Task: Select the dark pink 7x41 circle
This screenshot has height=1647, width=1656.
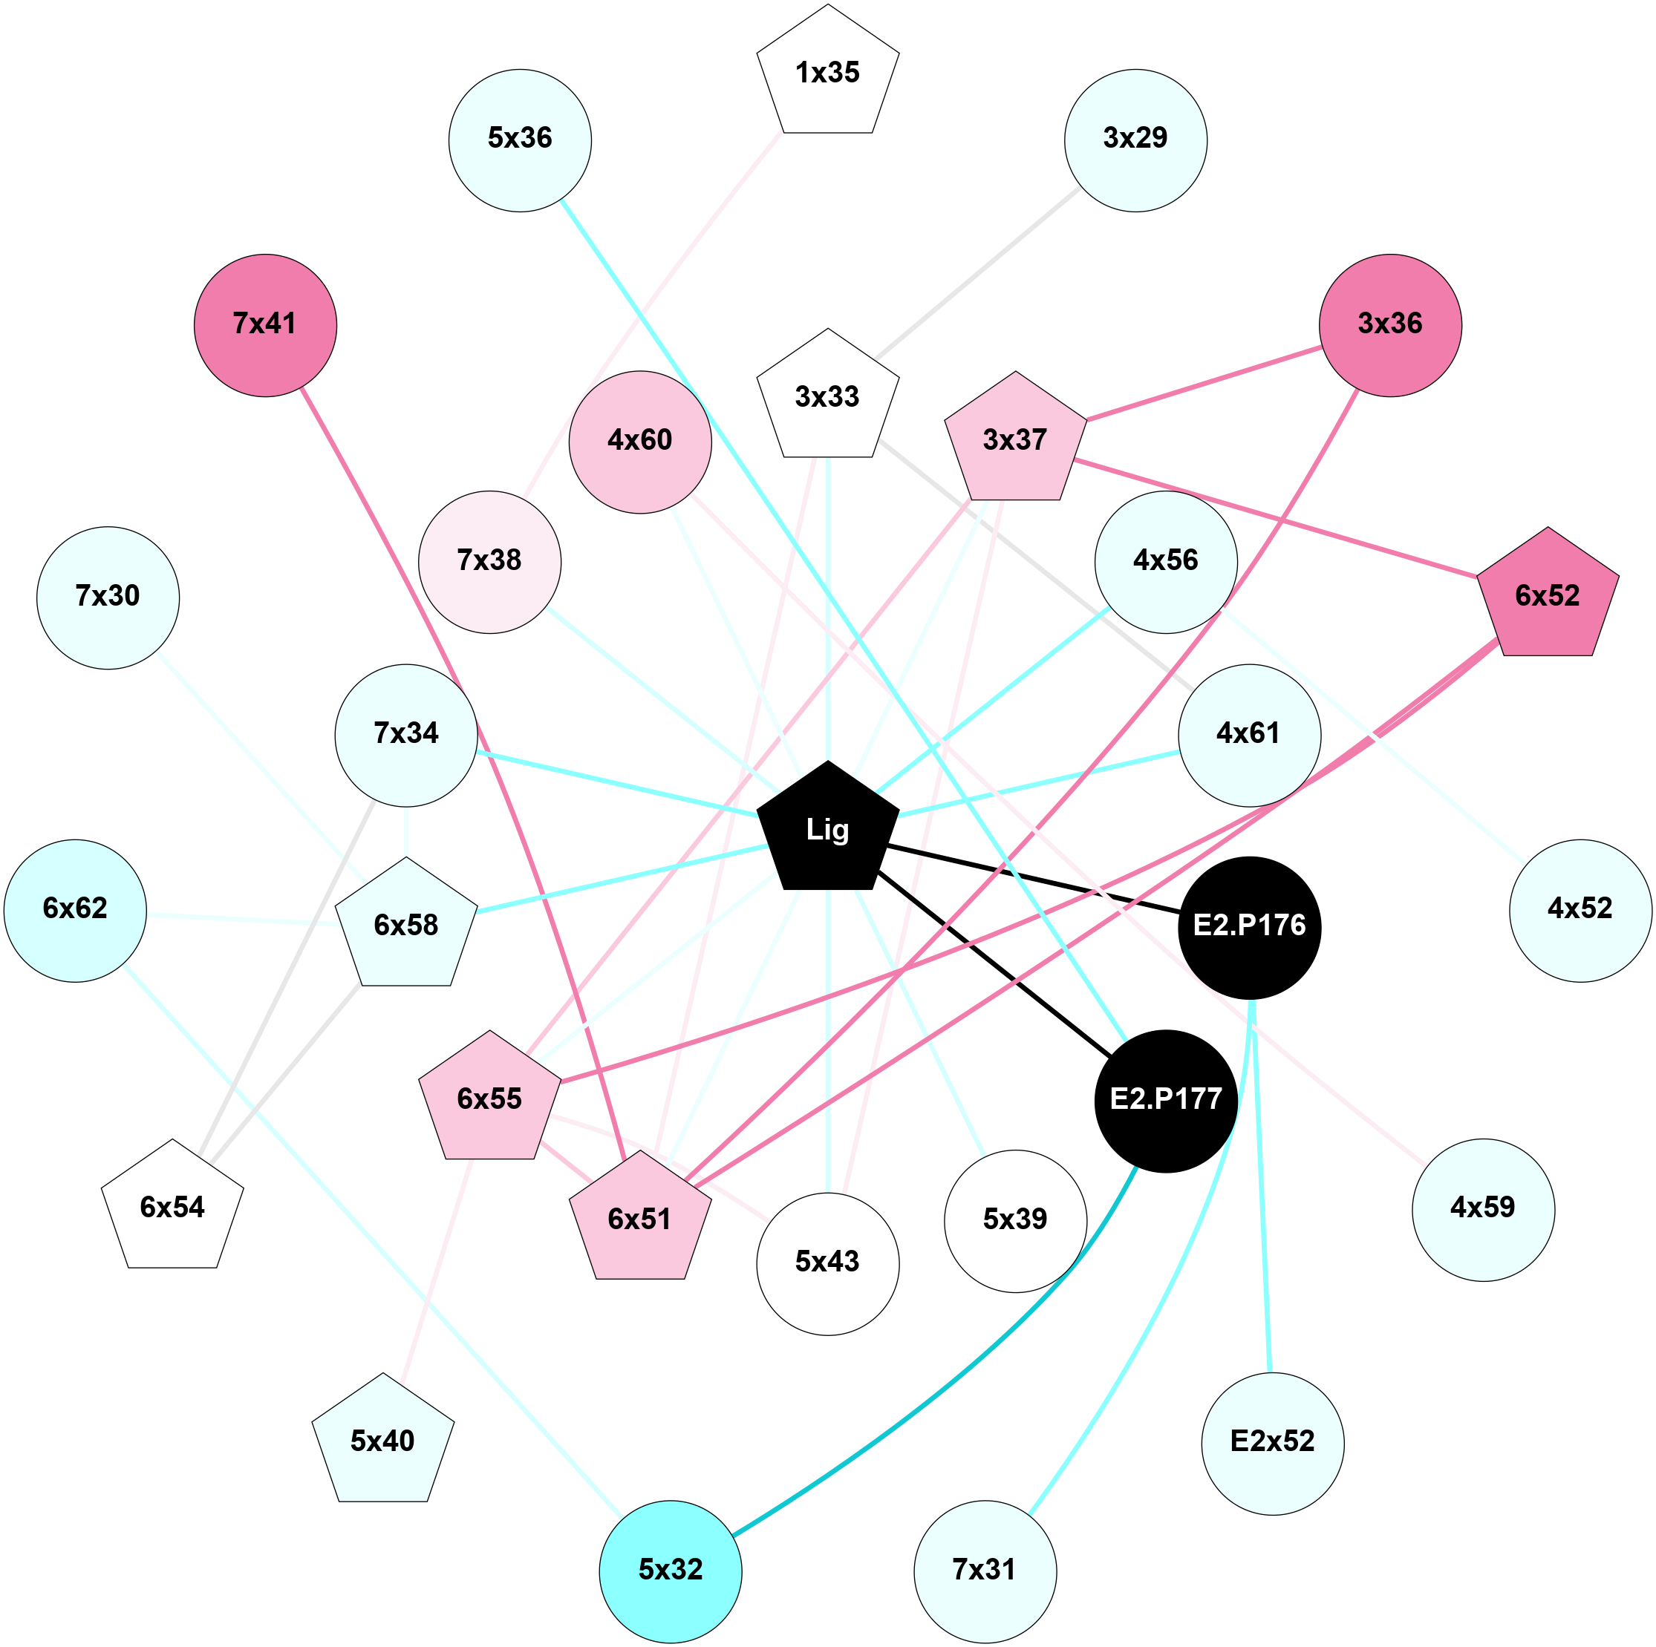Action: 265,325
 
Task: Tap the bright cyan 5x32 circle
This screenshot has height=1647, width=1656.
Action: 671,1571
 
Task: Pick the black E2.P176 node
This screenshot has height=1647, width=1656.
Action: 1249,927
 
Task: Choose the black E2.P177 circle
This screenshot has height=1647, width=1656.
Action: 1166,1100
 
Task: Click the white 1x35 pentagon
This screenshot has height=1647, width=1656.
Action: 827,73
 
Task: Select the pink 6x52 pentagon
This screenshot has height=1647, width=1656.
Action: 1547,597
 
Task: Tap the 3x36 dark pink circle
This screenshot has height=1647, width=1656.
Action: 1389,325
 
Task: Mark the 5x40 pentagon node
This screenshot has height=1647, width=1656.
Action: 382,1441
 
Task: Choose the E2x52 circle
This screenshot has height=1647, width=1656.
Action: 1272,1443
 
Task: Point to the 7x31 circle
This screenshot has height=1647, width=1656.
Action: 985,1571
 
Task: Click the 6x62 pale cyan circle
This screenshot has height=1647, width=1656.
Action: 76,910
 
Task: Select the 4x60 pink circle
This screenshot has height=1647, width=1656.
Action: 639,442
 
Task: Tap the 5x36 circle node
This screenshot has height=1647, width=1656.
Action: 519,140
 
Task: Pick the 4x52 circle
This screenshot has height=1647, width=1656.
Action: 1580,910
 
